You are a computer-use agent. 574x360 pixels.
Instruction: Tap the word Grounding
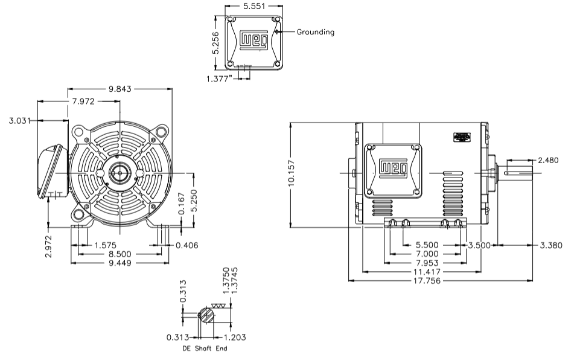click(x=315, y=32)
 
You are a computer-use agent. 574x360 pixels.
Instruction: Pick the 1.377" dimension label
click(x=218, y=79)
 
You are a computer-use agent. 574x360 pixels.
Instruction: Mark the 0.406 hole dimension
click(x=187, y=245)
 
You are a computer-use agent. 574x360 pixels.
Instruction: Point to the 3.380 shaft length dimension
click(x=550, y=245)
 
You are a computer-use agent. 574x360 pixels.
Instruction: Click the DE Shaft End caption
click(x=205, y=349)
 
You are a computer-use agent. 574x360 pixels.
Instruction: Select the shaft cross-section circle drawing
click(x=205, y=315)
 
